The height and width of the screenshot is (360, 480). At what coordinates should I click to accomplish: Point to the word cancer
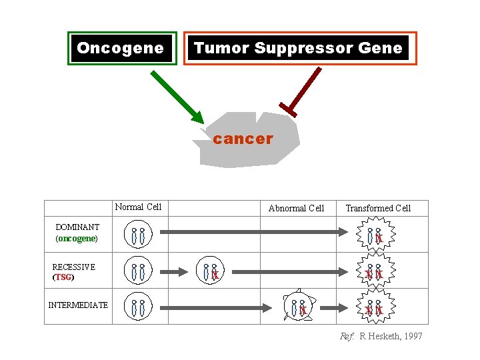(243, 139)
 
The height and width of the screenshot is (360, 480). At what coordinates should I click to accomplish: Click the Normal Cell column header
(138, 207)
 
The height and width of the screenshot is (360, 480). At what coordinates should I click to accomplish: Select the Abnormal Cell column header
(296, 208)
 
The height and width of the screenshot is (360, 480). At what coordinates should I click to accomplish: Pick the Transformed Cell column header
(378, 208)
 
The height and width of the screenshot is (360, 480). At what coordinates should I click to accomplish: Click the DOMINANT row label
(77, 227)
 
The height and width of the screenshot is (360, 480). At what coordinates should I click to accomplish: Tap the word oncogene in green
(77, 238)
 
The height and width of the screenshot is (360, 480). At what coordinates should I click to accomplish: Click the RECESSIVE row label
(73, 267)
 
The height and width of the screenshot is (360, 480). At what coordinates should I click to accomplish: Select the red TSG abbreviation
(63, 277)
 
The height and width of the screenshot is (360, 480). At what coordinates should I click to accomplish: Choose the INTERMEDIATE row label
(78, 305)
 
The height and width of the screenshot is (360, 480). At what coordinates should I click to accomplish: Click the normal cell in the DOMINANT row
(138, 235)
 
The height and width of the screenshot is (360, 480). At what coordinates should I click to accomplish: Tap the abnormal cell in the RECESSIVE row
(211, 271)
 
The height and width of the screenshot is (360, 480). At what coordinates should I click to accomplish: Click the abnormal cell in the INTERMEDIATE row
(298, 307)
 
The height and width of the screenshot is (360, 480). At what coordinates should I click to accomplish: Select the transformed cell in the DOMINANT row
(375, 235)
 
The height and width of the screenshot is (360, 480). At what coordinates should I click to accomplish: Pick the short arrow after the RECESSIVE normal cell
(179, 271)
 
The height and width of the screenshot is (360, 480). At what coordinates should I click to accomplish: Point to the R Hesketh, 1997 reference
(381, 337)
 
